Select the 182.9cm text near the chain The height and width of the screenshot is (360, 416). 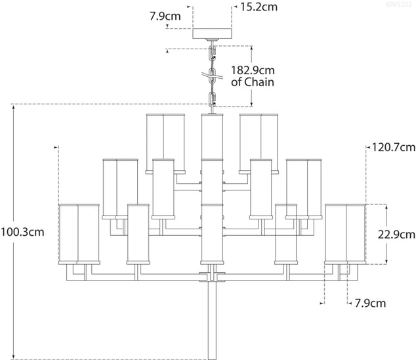point(252,70)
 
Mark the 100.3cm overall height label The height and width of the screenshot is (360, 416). point(23,233)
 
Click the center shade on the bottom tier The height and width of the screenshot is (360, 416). point(212,233)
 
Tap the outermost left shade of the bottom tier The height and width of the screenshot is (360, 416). point(68,233)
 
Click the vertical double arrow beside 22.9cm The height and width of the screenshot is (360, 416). point(386,234)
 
